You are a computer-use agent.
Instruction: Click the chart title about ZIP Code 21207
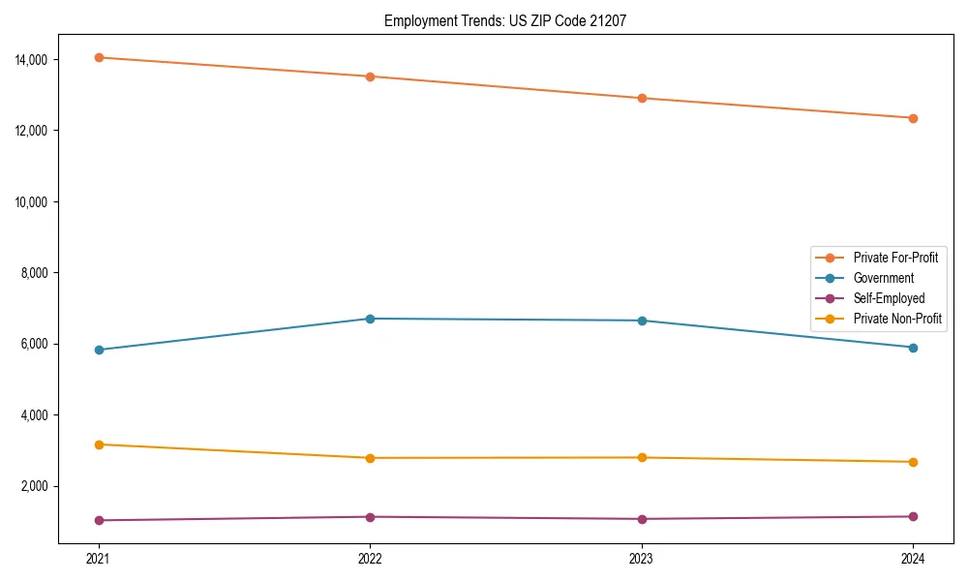point(504,20)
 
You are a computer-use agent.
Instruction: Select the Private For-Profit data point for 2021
point(98,57)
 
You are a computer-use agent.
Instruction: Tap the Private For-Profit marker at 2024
point(913,118)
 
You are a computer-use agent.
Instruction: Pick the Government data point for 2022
point(370,319)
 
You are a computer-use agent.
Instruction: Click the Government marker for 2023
point(642,321)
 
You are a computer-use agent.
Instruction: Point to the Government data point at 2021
point(98,350)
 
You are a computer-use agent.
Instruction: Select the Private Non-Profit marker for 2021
point(98,444)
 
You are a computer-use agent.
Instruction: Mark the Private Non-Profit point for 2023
point(642,457)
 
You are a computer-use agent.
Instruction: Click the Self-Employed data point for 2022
point(370,516)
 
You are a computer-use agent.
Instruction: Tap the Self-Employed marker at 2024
point(913,516)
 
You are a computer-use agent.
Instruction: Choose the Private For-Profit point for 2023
point(642,98)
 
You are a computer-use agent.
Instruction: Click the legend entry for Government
point(883,278)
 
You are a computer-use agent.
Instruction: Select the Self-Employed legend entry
point(889,298)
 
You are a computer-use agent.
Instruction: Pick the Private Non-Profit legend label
point(897,319)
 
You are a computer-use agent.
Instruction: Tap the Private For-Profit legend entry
point(895,258)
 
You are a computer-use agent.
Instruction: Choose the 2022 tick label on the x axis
point(370,559)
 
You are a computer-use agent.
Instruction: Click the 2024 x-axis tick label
point(913,559)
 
